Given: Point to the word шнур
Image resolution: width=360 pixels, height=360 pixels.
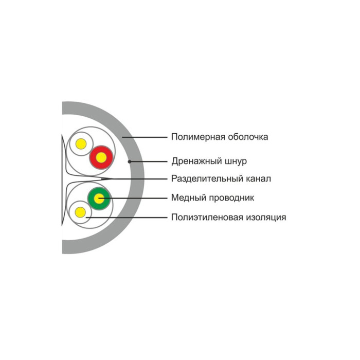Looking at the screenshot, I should pyautogui.click(x=235, y=161).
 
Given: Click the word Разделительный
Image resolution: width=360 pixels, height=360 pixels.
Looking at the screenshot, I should pyautogui.click(x=202, y=179).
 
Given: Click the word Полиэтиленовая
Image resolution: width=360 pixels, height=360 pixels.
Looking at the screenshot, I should pyautogui.click(x=204, y=217).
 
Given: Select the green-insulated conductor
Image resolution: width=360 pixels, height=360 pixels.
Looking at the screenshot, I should pyautogui.click(x=99, y=198).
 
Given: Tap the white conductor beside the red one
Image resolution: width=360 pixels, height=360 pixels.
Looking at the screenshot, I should pyautogui.click(x=81, y=144).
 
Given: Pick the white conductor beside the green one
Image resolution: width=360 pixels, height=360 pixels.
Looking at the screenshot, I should pyautogui.click(x=80, y=211).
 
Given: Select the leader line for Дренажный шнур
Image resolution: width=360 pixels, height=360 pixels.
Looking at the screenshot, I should pyautogui.click(x=149, y=161).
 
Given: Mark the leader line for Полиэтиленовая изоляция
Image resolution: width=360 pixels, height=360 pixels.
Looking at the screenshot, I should pyautogui.click(x=129, y=217).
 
